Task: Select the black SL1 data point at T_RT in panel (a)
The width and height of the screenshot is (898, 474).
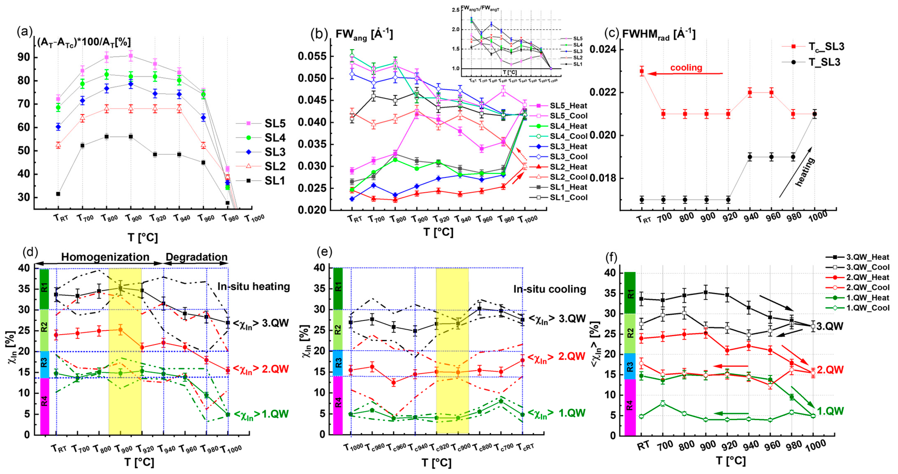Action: pos(58,194)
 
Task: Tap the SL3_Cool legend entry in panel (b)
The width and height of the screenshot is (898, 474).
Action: pos(568,156)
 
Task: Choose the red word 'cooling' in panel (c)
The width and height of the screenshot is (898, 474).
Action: pos(686,67)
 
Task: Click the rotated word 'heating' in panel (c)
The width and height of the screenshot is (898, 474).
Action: pos(805,172)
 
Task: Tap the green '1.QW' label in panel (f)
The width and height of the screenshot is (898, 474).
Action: pos(830,411)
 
